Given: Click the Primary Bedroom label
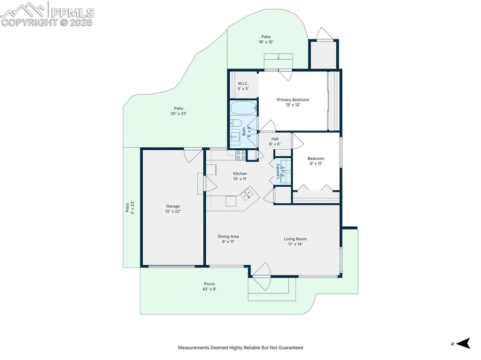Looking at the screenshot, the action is pos(293,102).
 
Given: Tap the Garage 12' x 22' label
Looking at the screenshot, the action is pos(173,209).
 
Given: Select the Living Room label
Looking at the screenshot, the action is pos(295,241).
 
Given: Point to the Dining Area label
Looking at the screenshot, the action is pos(228,239).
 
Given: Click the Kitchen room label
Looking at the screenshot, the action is pos(240,176).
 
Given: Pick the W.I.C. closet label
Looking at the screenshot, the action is pos(243,86).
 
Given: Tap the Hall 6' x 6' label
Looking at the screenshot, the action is pos(275,141).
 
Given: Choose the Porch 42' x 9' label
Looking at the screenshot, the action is pos(209,286).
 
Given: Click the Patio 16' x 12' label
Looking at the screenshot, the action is pos(266,39).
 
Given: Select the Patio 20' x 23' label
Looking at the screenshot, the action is pos(178,111).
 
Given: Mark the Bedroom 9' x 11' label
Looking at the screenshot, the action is pos(316,161).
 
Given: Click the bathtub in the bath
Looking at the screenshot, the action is pos(244,108).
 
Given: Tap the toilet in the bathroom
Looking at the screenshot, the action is pos(236,123).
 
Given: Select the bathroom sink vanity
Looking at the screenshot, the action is pos(235,137).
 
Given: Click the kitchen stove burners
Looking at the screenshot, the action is pos(241,155).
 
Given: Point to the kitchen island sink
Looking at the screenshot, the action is pos(246,194).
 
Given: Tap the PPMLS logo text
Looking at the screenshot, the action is pos(72,13).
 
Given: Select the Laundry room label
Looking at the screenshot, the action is pos(280,171).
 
